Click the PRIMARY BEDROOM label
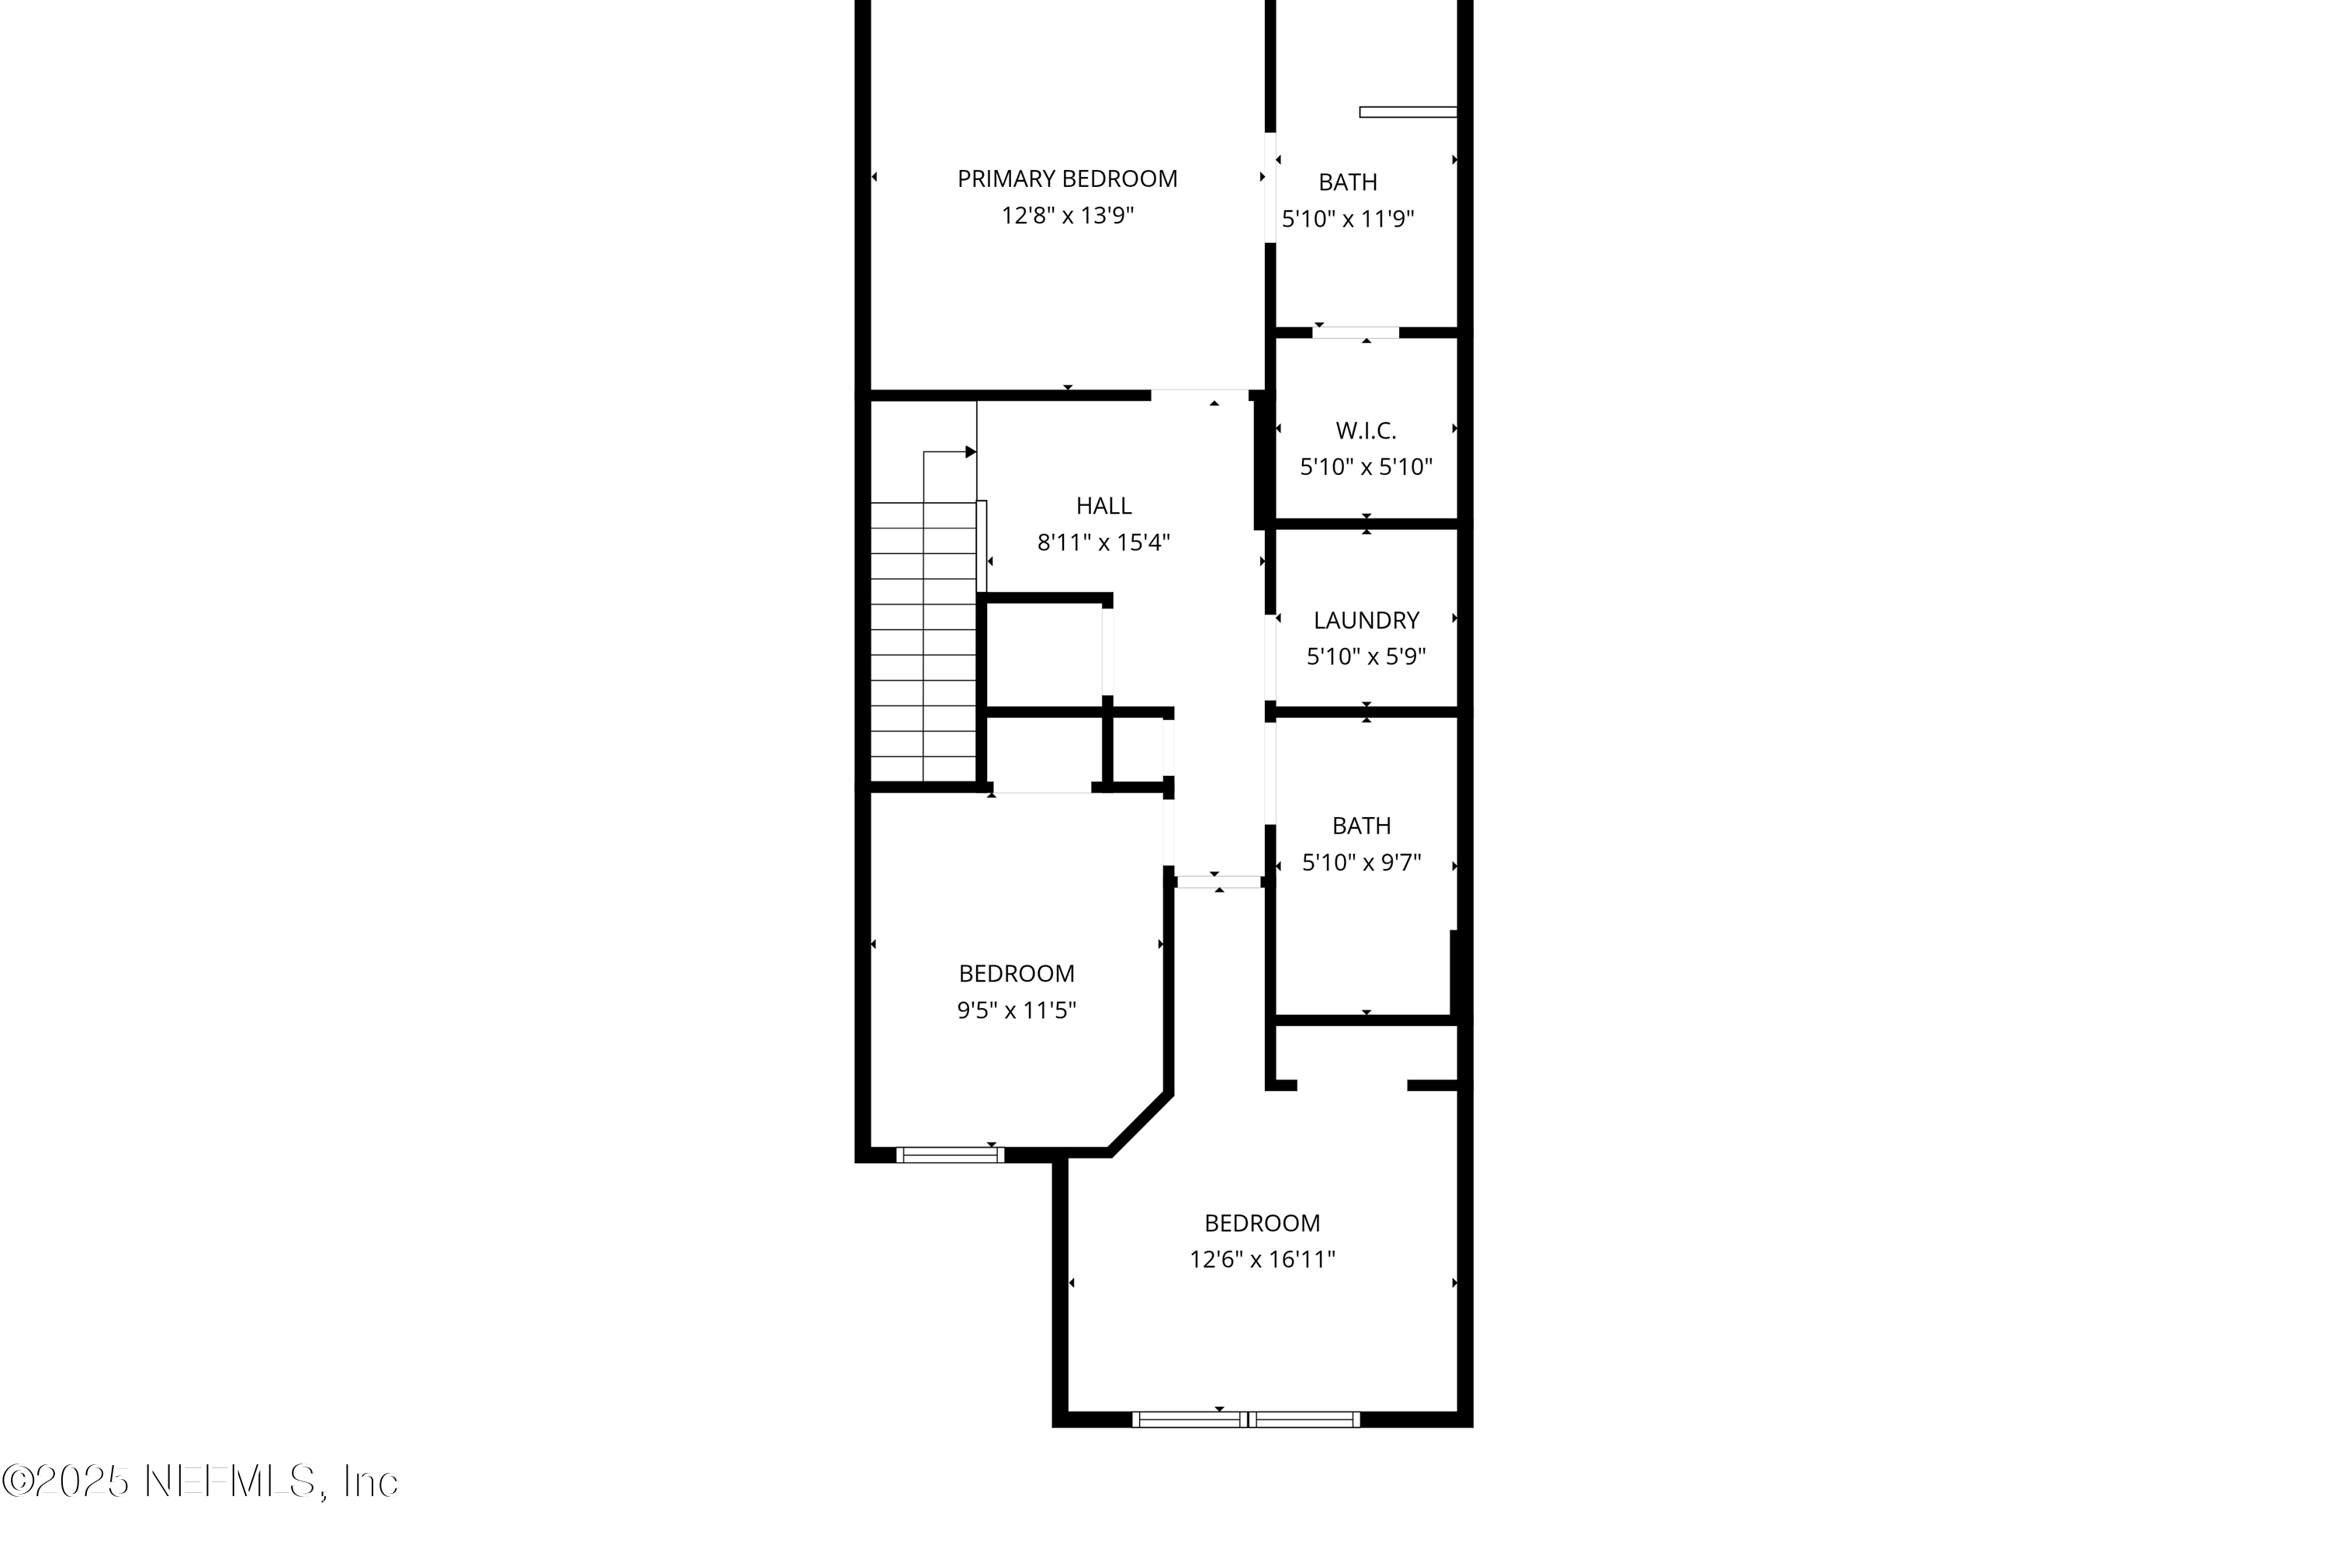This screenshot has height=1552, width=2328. [x=1067, y=179]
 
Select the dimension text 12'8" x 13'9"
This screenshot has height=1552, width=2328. [x=1067, y=216]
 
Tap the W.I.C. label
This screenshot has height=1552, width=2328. [x=1366, y=431]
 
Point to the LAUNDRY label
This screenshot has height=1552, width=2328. [x=1366, y=621]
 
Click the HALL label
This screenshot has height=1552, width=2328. [x=1103, y=506]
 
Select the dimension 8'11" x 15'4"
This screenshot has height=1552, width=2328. [x=1103, y=542]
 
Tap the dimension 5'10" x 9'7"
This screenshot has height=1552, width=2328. [x=1361, y=862]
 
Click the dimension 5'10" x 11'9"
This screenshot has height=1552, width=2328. [x=1347, y=219]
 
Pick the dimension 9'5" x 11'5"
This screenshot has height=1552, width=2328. [x=1017, y=1010]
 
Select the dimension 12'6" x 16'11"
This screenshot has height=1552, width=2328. [x=1262, y=1260]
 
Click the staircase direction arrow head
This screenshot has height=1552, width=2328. [x=971, y=452]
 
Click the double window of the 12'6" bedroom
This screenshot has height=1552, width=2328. [x=1245, y=1419]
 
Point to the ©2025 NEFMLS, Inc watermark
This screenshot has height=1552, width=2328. [x=200, y=1481]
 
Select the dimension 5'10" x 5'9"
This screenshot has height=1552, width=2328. [x=1366, y=656]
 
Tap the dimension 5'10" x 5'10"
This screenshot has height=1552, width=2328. [x=1366, y=466]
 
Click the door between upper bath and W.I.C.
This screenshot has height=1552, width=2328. [x=1355, y=333]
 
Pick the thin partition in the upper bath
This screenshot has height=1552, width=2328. [x=1408, y=112]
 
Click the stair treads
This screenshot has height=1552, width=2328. [x=923, y=643]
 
